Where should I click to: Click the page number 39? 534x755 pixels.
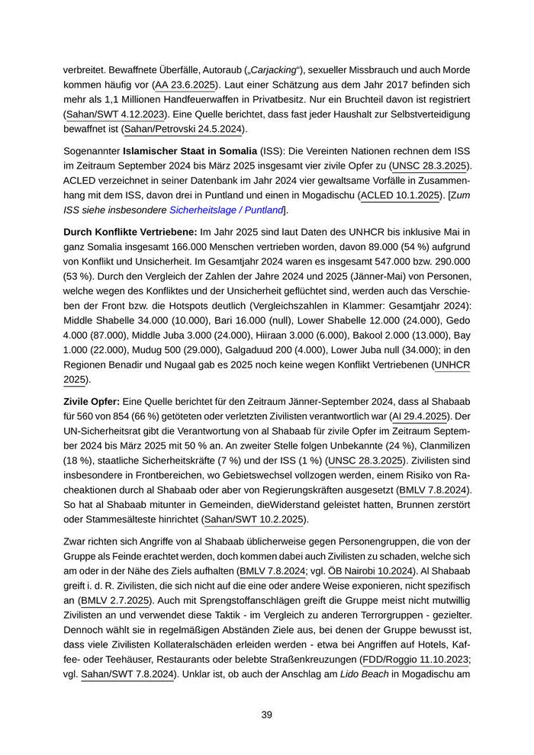[x=266, y=715]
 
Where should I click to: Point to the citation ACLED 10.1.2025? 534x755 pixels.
[x=400, y=195]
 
